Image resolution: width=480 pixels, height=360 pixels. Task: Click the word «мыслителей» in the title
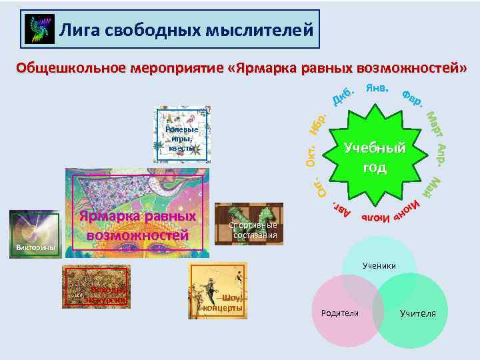pos(266,29)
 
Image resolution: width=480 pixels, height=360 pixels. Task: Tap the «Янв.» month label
pos(377,89)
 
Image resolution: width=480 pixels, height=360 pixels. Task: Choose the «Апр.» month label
pos(441,154)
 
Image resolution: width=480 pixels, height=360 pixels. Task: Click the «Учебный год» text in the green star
pos(374,157)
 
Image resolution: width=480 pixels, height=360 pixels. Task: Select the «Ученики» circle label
pos(379,266)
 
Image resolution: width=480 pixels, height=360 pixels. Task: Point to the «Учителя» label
pos(418,313)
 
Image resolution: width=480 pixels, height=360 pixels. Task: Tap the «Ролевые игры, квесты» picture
pos(181,135)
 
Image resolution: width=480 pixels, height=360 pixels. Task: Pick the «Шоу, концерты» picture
pos(218,291)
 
